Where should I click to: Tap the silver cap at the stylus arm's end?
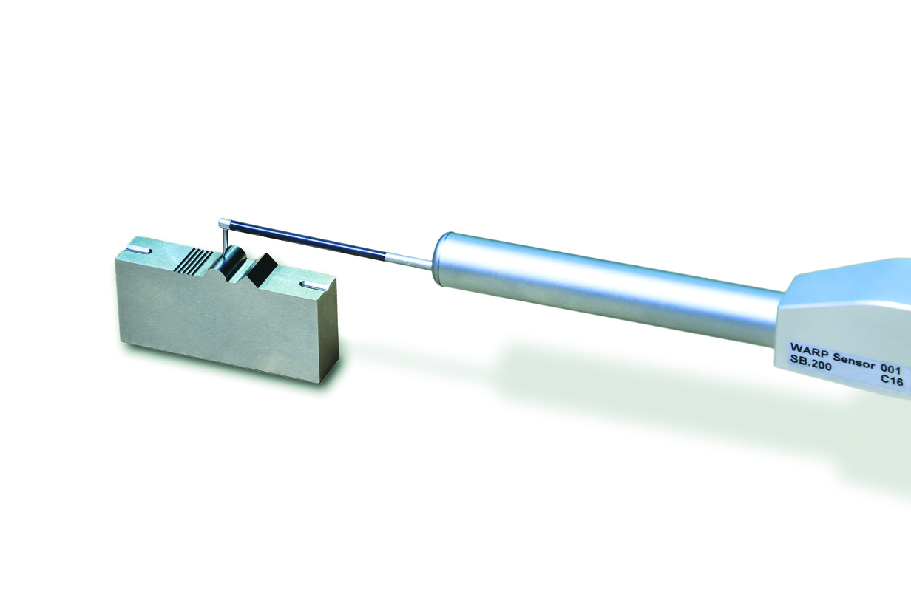coord(224,223)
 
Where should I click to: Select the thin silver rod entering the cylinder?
coord(410,261)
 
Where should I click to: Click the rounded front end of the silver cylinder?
coord(442,260)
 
